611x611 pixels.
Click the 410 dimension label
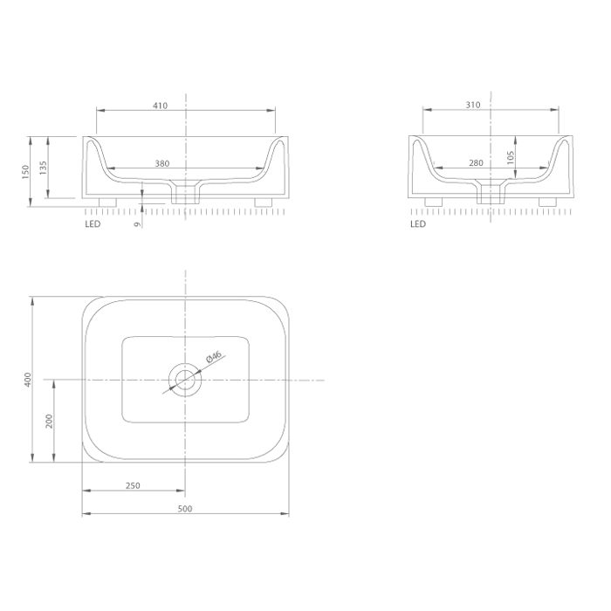(x=160, y=106)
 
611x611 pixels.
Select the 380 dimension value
(x=162, y=164)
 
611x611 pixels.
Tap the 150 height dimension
(x=25, y=172)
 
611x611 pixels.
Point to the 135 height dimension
(x=44, y=168)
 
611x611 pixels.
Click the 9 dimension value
(x=137, y=224)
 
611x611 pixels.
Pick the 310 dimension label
(x=473, y=105)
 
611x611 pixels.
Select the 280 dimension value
(x=476, y=163)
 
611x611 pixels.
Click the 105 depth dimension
(x=511, y=157)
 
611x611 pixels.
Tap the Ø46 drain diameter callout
(x=214, y=356)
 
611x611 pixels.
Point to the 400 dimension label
(x=28, y=380)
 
